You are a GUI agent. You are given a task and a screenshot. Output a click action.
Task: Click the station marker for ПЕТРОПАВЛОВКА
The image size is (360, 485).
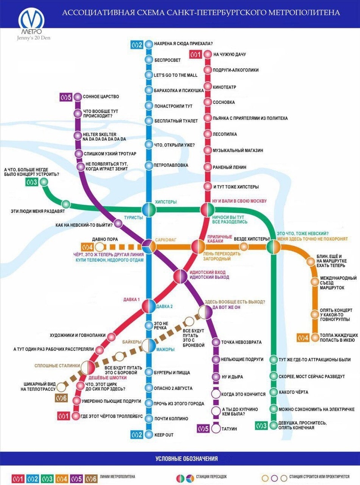click(x=149, y=165)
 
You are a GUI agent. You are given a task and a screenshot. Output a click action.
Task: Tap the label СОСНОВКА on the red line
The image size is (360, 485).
click(x=224, y=102)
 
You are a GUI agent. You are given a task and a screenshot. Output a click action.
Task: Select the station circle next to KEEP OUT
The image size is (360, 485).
click(x=149, y=435)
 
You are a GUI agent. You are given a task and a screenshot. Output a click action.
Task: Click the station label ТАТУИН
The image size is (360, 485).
click(x=229, y=429)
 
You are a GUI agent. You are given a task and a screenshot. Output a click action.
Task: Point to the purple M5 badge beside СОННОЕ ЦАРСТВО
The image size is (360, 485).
click(x=66, y=97)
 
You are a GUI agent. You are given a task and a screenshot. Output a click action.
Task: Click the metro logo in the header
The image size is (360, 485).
click(x=31, y=19)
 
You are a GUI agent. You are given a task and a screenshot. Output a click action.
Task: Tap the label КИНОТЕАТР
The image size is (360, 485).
click(x=224, y=87)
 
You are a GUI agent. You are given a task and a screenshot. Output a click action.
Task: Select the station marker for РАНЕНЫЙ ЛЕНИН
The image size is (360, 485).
click(x=207, y=168)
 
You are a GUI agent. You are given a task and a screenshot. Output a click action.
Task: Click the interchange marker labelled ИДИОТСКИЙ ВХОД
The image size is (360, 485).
click(x=180, y=276)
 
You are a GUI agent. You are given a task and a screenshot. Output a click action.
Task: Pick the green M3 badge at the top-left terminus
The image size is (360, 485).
click(x=31, y=182)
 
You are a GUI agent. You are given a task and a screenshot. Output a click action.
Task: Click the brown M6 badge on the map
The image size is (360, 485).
click(x=61, y=398)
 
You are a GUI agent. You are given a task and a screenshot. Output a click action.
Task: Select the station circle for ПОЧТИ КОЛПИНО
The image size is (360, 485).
click(x=149, y=419)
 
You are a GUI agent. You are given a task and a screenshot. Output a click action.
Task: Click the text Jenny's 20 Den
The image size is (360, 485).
click(x=33, y=38)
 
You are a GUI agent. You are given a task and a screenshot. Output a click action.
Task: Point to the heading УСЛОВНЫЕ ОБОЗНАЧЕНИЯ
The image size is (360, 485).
click(x=186, y=459)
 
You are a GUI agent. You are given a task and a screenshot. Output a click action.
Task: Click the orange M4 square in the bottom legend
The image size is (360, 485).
click(x=62, y=479)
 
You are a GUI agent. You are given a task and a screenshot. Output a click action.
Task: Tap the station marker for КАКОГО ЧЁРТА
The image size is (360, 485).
click(x=273, y=392)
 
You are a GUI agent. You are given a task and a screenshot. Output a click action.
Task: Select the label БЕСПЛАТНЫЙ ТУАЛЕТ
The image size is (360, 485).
click(x=176, y=121)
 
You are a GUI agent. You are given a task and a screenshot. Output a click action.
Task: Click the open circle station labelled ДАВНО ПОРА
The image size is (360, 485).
click(x=99, y=247)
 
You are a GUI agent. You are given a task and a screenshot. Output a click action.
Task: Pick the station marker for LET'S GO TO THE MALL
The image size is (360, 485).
click(x=149, y=75)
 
